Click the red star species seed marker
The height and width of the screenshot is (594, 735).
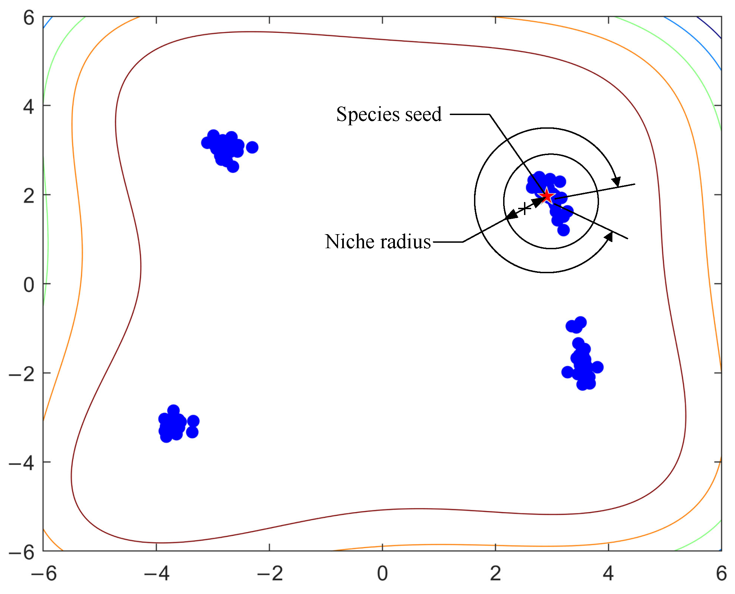(547, 196)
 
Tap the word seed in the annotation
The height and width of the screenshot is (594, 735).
(423, 114)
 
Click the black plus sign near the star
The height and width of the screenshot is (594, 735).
(524, 208)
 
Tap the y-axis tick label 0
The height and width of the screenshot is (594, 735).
(29, 285)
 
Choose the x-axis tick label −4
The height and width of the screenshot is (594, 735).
(157, 573)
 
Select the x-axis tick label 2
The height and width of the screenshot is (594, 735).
(496, 573)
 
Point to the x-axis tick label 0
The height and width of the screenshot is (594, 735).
(383, 573)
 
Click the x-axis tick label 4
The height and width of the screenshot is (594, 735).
(609, 573)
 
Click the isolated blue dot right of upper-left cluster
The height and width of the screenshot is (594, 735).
(252, 148)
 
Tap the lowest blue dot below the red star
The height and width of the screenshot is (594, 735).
(563, 230)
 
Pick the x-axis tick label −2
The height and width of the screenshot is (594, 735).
(270, 573)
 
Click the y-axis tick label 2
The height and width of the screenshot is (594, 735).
(29, 196)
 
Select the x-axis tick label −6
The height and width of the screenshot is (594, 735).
(44, 573)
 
